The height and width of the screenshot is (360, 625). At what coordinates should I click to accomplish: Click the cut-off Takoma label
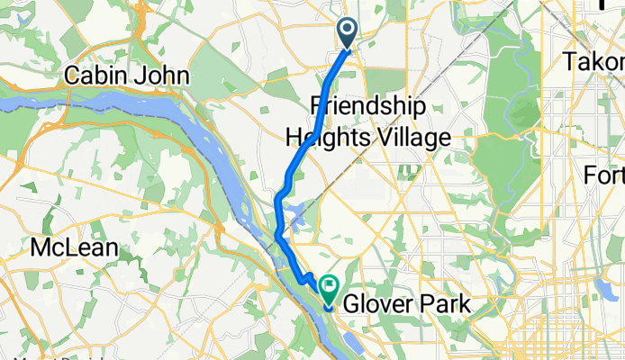593,62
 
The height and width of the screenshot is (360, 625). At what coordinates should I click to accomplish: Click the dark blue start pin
349,34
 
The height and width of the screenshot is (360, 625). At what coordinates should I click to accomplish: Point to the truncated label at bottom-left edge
27,355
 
